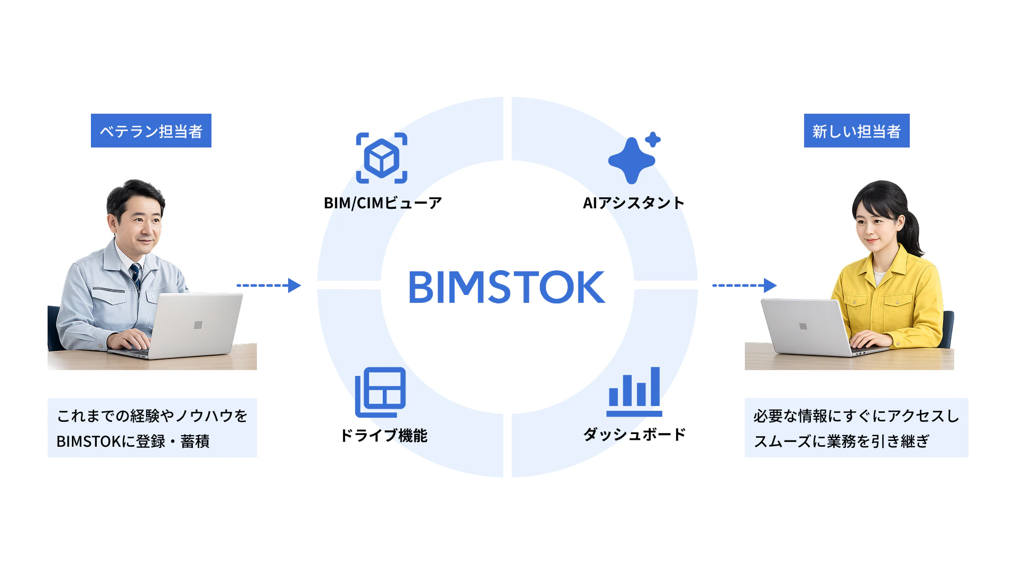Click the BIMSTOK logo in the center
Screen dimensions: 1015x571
[x=507, y=287]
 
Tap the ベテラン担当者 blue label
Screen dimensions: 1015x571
[x=151, y=131]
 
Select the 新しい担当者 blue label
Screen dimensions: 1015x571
[x=856, y=131]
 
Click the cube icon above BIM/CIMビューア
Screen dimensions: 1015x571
[x=382, y=158]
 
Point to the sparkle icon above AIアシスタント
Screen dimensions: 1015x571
[x=634, y=158]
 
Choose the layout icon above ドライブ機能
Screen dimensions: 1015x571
[x=381, y=392]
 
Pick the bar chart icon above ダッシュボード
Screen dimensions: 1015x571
[x=634, y=392]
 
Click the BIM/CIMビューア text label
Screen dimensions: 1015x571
[x=383, y=203]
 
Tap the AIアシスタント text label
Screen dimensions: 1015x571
[x=634, y=203]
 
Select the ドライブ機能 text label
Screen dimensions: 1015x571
[x=384, y=436]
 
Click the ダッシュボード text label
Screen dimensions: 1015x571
[x=634, y=435]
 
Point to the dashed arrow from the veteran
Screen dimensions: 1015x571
[x=269, y=285]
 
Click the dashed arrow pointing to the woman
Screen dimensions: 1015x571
[x=744, y=285]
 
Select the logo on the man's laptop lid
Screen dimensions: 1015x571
[x=198, y=325]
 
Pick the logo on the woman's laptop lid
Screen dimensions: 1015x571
[x=803, y=326]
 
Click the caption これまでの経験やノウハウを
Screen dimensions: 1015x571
[x=152, y=416]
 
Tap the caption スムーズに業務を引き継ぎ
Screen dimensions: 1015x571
[x=842, y=441]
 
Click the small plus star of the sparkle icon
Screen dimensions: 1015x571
[x=653, y=140]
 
